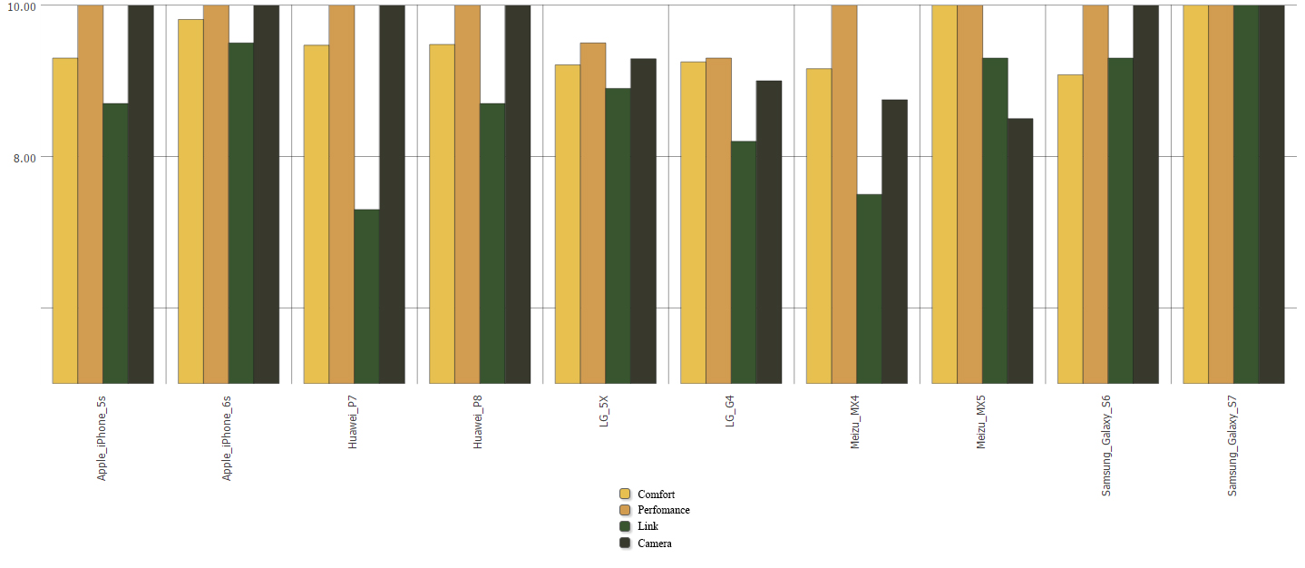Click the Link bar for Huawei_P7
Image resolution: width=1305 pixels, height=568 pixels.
[366, 297]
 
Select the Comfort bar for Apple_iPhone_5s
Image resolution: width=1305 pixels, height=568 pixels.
[65, 220]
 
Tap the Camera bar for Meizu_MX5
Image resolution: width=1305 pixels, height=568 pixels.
[1019, 250]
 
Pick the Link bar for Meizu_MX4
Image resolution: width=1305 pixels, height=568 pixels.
[869, 289]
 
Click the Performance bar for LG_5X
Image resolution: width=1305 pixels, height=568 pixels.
[593, 213]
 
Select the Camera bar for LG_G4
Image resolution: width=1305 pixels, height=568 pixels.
[769, 232]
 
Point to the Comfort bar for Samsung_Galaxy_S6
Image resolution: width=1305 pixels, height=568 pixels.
[1070, 229]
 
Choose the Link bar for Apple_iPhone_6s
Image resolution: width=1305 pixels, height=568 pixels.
[241, 213]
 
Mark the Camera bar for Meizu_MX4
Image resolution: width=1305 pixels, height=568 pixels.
[894, 241]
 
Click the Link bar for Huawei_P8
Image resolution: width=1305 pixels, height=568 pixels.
[492, 243]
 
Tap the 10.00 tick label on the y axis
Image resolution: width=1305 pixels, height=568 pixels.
[21, 6]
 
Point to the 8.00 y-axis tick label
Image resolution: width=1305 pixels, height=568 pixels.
[24, 158]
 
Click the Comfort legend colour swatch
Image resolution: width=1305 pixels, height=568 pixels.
[625, 494]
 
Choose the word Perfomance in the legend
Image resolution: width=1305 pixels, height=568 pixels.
[664, 510]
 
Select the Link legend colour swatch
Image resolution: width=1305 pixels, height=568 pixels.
[625, 526]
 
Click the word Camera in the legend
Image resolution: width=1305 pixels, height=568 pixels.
[655, 544]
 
